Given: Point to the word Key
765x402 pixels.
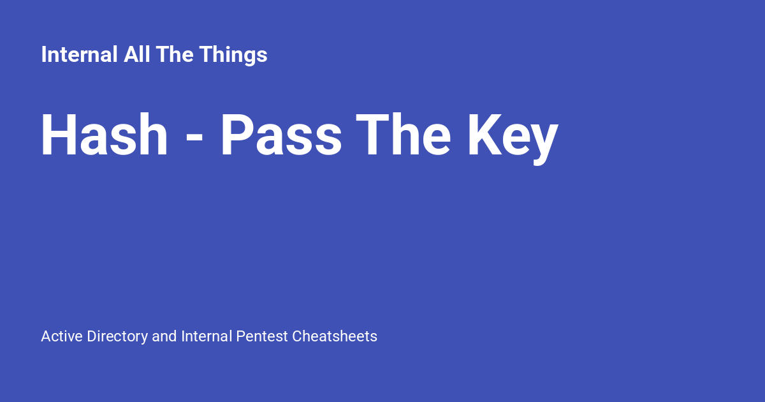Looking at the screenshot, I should tap(513, 137).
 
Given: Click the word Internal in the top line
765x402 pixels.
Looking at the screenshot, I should tap(80, 55).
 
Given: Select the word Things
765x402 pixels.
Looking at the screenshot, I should tap(233, 56).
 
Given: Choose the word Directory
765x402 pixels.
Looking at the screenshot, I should tap(117, 337).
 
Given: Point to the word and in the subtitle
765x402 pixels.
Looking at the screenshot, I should tap(164, 336).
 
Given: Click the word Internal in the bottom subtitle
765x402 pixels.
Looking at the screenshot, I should tap(207, 336).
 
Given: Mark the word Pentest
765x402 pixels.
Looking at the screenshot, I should tap(262, 336).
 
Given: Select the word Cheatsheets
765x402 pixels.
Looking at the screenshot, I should tap(335, 336).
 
